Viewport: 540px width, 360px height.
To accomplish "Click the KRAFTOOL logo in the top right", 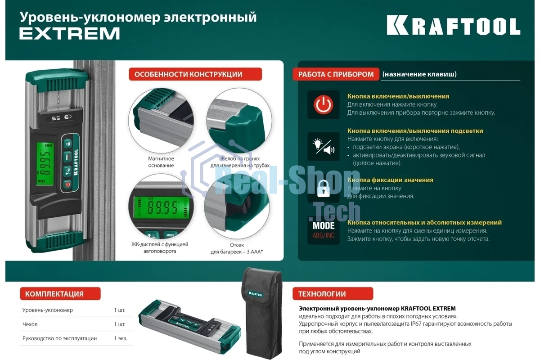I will coord(453,26).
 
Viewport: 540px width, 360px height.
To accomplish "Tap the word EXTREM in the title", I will coord(70,34).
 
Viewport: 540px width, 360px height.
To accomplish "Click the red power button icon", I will coord(323,105).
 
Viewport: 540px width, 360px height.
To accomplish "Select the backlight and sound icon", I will coord(323,147).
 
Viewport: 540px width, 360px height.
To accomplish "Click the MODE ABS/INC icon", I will coord(323,230).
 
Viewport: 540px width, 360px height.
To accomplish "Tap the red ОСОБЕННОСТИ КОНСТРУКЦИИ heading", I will coord(195,74).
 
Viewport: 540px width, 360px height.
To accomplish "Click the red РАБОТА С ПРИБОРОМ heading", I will coord(336,74).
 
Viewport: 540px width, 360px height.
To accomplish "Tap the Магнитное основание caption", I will coord(161,162).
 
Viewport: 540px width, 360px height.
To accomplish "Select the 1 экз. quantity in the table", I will coord(121,338).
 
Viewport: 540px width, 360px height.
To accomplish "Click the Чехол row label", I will coord(30,324).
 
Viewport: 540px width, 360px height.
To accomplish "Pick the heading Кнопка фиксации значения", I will coord(390,180).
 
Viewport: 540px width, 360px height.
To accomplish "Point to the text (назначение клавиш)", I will coord(419,74).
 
